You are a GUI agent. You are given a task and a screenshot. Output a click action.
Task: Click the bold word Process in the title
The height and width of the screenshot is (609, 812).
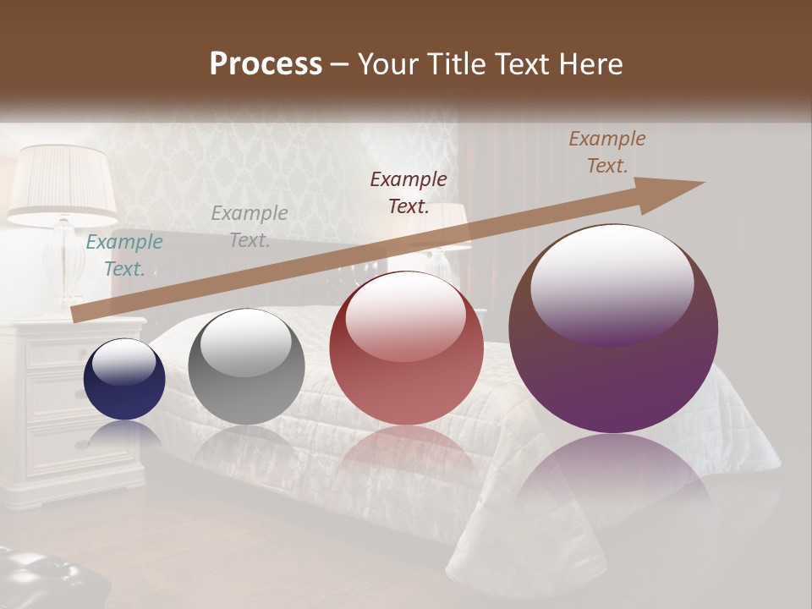pyautogui.click(x=266, y=64)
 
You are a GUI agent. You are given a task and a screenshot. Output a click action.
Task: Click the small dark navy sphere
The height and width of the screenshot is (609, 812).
pyautogui.click(x=124, y=379)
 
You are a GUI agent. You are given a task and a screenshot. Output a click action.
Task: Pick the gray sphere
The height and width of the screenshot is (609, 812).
pyautogui.click(x=246, y=366)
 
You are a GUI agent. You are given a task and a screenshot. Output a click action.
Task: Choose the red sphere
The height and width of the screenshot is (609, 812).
pyautogui.click(x=406, y=348)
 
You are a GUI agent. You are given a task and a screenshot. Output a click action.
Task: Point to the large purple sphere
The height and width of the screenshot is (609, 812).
pyautogui.click(x=613, y=328)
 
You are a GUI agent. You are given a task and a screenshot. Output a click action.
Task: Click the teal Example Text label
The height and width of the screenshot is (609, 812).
pyautogui.click(x=124, y=255)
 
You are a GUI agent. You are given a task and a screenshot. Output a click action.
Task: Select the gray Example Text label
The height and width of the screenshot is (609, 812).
pyautogui.click(x=250, y=227)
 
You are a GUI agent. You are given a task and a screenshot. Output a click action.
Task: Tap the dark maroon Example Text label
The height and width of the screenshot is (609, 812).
pyautogui.click(x=409, y=192)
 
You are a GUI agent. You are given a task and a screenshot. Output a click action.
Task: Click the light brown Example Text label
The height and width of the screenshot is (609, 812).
pyautogui.click(x=606, y=152)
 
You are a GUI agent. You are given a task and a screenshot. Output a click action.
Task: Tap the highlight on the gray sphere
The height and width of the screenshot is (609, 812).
pyautogui.click(x=245, y=342)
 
